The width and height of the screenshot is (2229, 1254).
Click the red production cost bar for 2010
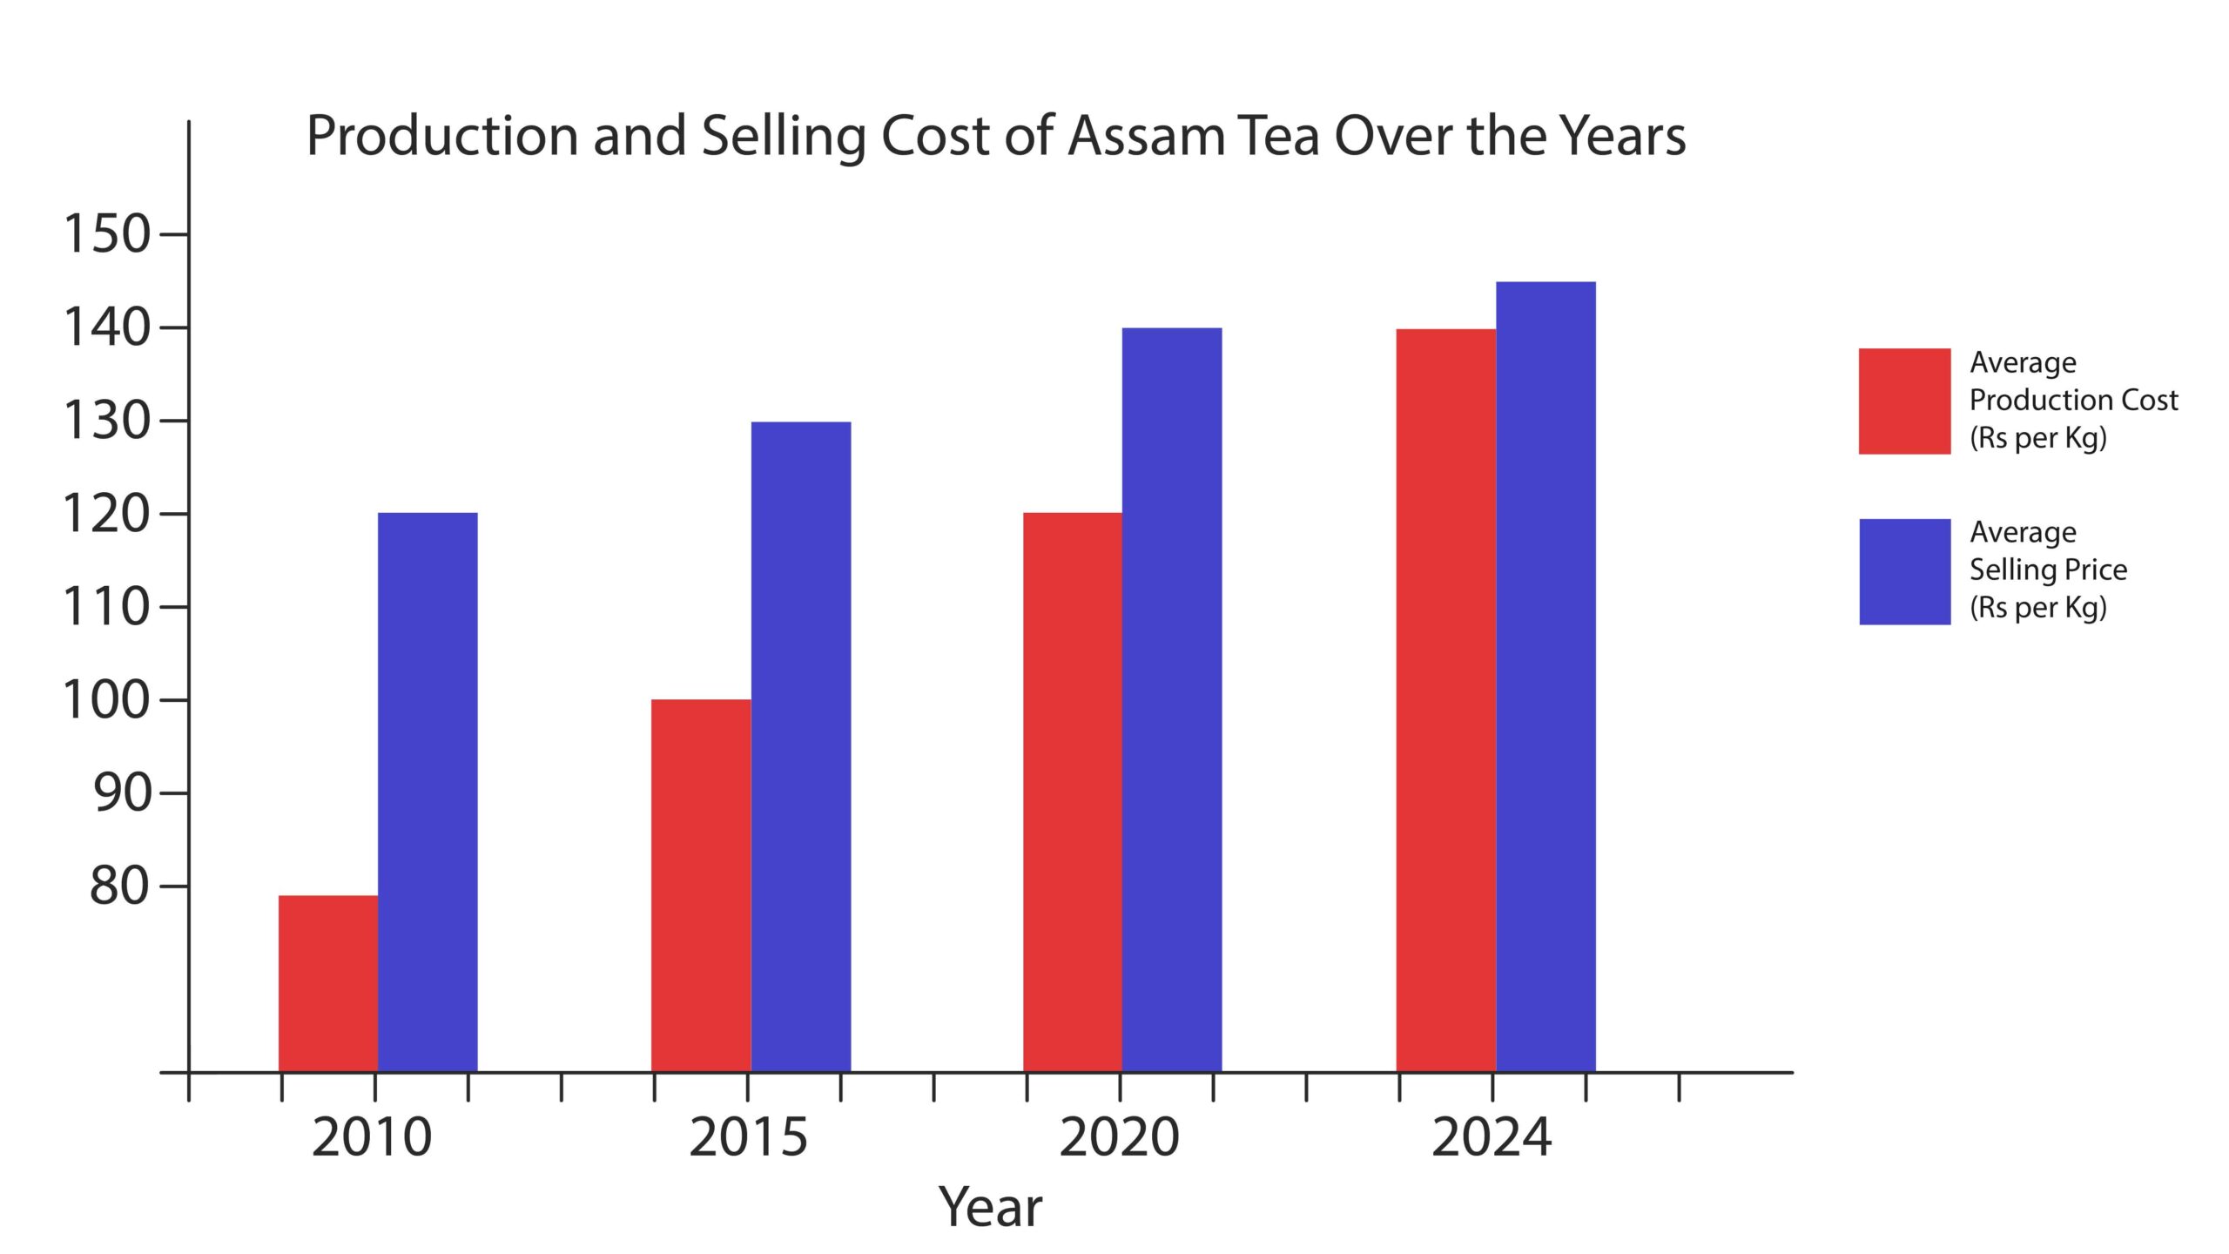pos(328,983)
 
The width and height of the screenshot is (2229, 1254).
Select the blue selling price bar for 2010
pos(428,792)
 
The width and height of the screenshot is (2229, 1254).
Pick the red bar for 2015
pos(701,885)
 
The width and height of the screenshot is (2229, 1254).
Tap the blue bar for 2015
pos(801,746)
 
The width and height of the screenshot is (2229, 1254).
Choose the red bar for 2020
pos(1073,792)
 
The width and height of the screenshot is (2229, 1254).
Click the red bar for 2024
pos(1446,700)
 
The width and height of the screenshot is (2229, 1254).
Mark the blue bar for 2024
pos(1546,677)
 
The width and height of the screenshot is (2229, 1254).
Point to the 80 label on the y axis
pos(120,886)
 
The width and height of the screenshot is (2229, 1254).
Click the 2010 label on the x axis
pos(372,1137)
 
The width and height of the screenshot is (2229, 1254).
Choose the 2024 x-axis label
pos(1492,1137)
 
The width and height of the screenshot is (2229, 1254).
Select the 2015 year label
pos(749,1137)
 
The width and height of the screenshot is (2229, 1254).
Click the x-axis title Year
pos(990,1208)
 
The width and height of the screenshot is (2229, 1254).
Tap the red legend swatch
pos(1904,401)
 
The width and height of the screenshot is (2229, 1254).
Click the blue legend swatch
pos(1904,572)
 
